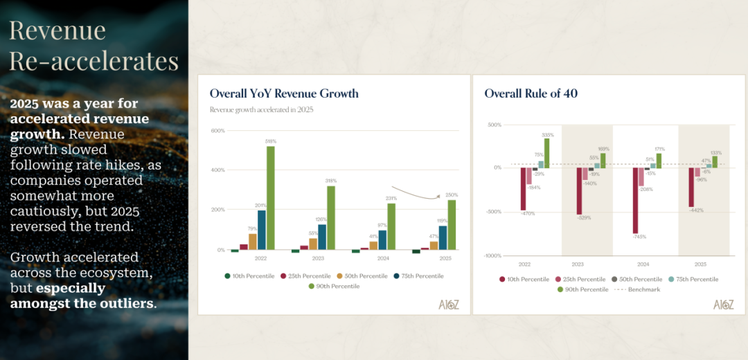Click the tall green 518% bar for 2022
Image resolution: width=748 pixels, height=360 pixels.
pos(270,197)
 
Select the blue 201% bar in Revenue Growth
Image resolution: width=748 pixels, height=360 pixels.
pos(261,229)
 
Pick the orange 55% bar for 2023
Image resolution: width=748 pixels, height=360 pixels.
pos(313,243)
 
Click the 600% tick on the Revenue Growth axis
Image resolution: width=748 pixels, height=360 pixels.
pos(217,131)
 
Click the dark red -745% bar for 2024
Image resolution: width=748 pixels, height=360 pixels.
pos(635,200)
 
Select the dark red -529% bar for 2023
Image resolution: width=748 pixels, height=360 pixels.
pos(579,190)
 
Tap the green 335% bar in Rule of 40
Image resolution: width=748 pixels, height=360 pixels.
pos(546,153)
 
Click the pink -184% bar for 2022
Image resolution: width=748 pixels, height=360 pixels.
pos(529,176)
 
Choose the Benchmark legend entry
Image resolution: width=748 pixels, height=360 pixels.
pos(641,289)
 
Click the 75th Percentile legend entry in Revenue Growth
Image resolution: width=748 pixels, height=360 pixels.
pos(419,276)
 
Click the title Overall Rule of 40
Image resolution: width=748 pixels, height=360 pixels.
pos(531,93)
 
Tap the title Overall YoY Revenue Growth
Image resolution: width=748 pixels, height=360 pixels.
pos(284,93)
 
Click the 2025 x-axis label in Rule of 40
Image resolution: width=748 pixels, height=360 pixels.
pos(700,264)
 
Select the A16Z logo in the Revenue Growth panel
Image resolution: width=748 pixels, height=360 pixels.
pos(449,304)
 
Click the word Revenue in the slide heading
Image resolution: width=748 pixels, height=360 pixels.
pos(57,30)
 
